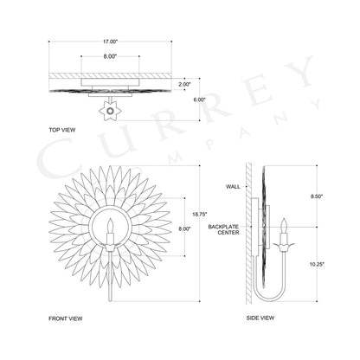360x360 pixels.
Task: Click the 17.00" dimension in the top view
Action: tap(111, 42)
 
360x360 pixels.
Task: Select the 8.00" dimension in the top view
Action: tap(110, 56)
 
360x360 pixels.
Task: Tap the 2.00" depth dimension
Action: tap(184, 85)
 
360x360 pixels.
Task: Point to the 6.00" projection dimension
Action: tap(199, 100)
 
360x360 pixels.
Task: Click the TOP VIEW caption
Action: tap(62, 130)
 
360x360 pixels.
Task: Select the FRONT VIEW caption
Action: tap(66, 318)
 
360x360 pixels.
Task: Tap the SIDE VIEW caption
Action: tap(260, 318)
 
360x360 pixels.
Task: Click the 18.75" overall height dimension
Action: tap(200, 215)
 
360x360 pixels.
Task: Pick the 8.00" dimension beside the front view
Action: tap(184, 229)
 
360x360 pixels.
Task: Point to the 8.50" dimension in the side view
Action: tap(317, 196)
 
